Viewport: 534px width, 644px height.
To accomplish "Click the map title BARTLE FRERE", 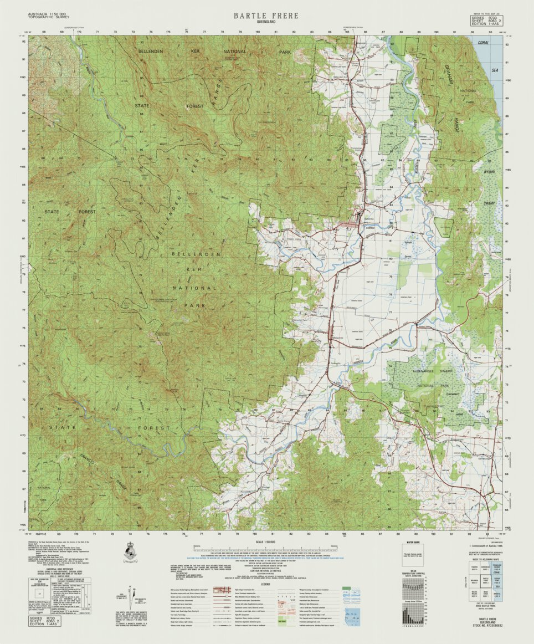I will click(265, 16).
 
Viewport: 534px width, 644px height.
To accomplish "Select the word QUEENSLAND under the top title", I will click(265, 23).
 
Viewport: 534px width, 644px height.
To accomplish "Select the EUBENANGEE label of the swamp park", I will click(425, 369).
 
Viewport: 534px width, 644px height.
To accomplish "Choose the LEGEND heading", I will click(266, 584).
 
